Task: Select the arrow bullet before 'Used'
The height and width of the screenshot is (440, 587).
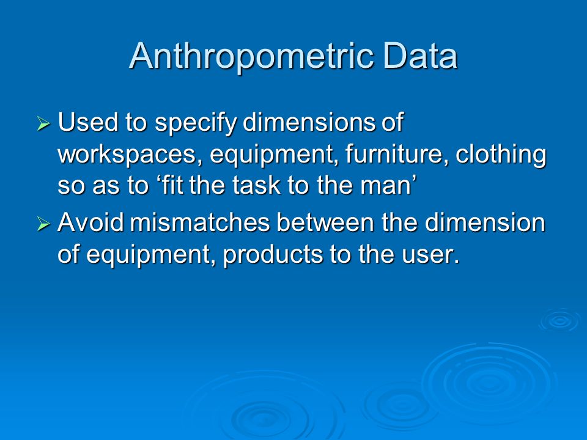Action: click(x=43, y=123)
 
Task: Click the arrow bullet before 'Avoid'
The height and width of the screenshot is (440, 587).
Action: click(x=43, y=224)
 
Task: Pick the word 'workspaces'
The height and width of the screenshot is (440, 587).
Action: click(x=127, y=154)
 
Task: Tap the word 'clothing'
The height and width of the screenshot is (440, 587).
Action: click(x=501, y=155)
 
